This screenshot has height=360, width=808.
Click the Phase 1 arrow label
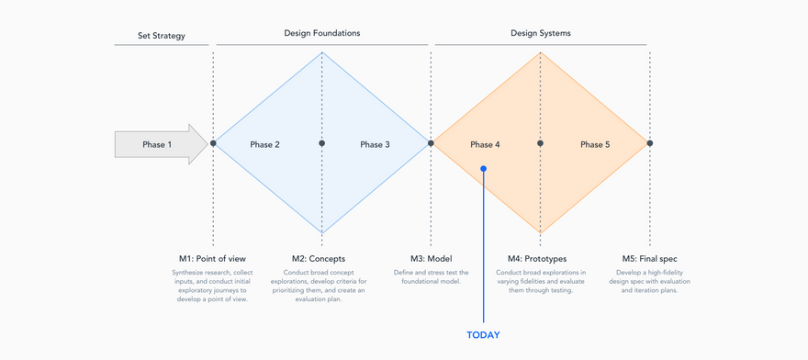tap(157, 144)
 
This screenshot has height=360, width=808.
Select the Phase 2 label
tap(264, 144)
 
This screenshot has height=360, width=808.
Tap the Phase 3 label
tap(376, 144)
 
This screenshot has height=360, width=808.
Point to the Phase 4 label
tap(485, 144)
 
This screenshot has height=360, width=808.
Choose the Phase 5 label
tap(595, 144)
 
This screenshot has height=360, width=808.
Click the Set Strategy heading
tap(162, 36)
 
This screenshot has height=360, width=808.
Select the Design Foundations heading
tap(322, 33)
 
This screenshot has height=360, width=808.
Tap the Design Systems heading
tap(541, 33)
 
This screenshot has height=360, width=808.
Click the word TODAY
tap(483, 334)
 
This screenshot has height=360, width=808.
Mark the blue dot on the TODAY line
tap(483, 168)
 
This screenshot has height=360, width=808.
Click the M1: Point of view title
tap(212, 258)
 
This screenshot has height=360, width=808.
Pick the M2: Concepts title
tap(319, 258)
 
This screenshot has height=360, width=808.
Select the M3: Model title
tap(431, 258)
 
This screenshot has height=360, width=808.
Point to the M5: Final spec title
tap(650, 258)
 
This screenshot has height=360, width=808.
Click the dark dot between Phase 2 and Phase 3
tap(322, 143)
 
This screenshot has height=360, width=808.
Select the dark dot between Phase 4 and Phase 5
tap(540, 143)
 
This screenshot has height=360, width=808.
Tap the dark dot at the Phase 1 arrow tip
tap(213, 143)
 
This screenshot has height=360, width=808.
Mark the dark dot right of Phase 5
tap(650, 143)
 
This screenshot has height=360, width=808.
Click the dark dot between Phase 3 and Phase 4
tap(431, 143)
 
